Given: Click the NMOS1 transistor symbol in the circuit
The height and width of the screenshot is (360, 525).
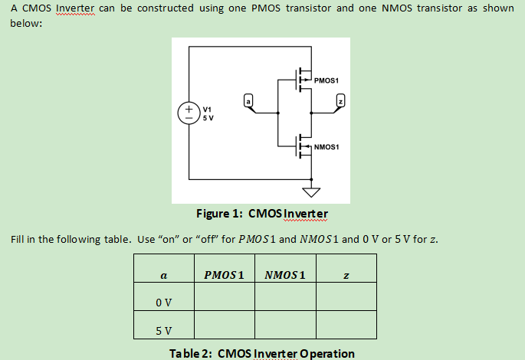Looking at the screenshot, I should [x=302, y=145].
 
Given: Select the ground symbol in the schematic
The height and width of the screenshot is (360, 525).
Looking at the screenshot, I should [x=311, y=191].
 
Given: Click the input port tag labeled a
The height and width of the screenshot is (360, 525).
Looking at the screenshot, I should [x=248, y=100].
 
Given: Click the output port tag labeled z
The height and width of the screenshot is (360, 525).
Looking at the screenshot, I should [x=342, y=100].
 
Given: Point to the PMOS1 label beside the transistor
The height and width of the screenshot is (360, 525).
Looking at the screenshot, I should [x=326, y=80].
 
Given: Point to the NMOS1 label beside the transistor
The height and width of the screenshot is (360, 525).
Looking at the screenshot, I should [x=327, y=146].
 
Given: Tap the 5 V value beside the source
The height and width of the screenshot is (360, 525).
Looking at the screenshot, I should [x=208, y=118].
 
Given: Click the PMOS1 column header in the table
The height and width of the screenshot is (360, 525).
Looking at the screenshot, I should [x=224, y=274].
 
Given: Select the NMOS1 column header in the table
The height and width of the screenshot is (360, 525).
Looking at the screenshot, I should [x=284, y=274].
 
